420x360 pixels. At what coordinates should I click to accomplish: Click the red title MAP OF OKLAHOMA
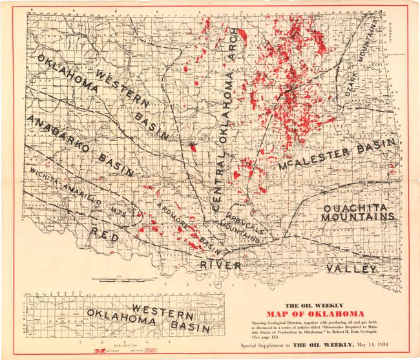point(318,313)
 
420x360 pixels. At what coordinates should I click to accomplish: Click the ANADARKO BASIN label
point(81,146)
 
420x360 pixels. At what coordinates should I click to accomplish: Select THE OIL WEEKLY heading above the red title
point(315,304)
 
